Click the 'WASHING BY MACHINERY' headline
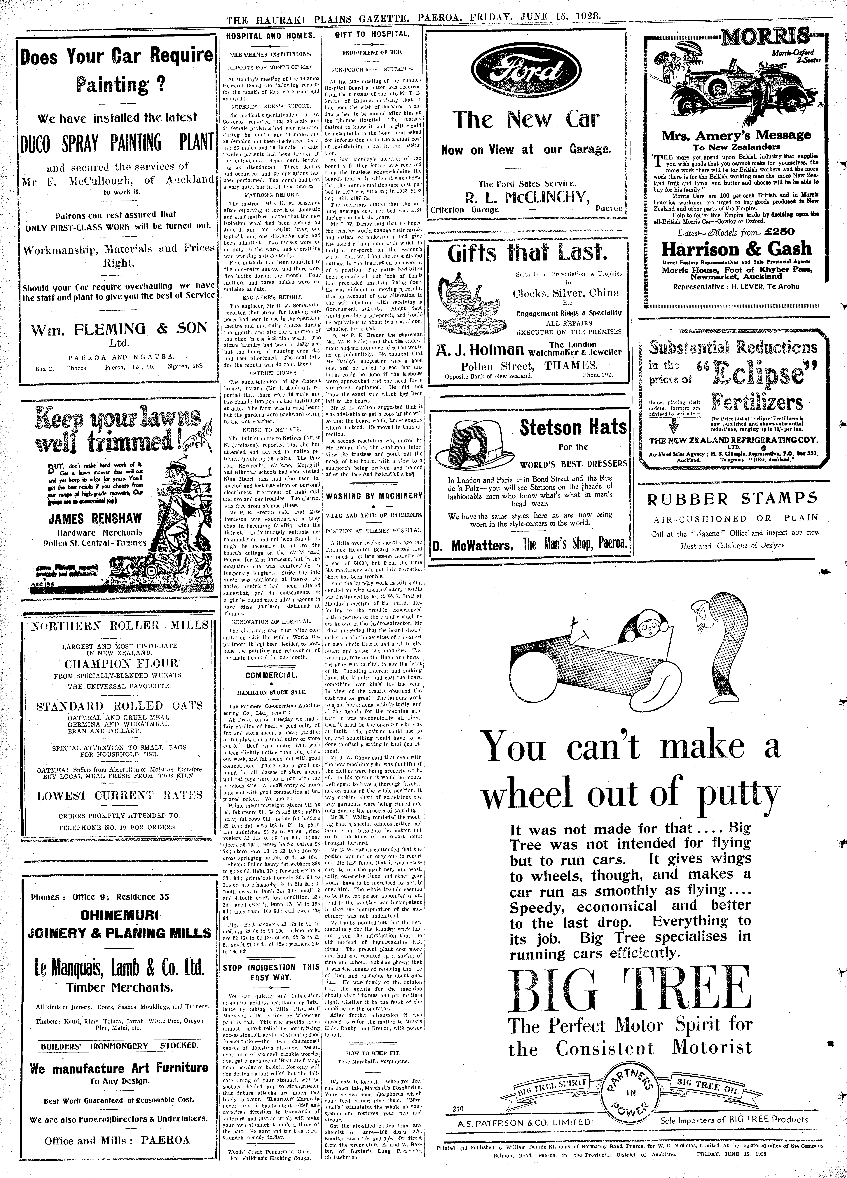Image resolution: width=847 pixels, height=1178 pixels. click(x=374, y=496)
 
